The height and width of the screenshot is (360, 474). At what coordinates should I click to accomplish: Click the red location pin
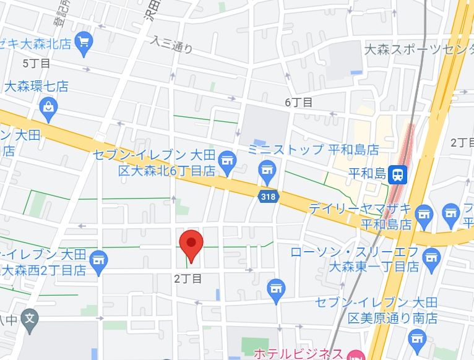click(191, 244)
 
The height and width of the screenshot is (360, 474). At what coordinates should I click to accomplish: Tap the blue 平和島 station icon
click(399, 175)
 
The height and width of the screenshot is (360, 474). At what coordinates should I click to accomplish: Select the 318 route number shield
click(268, 197)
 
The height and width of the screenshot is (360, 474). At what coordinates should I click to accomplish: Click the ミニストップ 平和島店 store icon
click(267, 169)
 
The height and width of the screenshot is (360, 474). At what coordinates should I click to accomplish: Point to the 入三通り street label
click(172, 44)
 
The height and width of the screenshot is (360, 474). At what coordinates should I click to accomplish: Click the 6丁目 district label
click(299, 103)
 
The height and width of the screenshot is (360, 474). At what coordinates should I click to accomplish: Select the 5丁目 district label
click(36, 63)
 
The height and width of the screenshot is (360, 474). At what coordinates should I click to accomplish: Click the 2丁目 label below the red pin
click(188, 279)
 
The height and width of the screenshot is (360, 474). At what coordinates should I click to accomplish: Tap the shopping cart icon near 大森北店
click(83, 42)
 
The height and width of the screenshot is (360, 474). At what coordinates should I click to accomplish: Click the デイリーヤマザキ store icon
click(424, 214)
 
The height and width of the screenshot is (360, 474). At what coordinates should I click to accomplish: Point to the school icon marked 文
click(29, 320)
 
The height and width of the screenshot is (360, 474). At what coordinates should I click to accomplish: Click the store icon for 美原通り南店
click(417, 338)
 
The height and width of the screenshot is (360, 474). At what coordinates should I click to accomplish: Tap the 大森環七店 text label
click(37, 87)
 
